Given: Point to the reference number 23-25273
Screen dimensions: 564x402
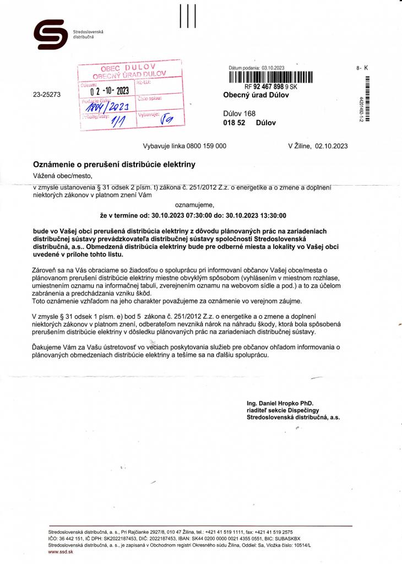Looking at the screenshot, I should (x=47, y=95).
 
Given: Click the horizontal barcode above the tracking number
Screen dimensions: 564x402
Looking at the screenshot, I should (x=270, y=77).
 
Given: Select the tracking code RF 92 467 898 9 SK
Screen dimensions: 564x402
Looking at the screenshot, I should (x=270, y=87).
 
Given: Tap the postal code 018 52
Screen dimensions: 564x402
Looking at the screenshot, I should (x=234, y=123).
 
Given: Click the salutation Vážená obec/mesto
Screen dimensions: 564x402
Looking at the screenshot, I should (x=63, y=176).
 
